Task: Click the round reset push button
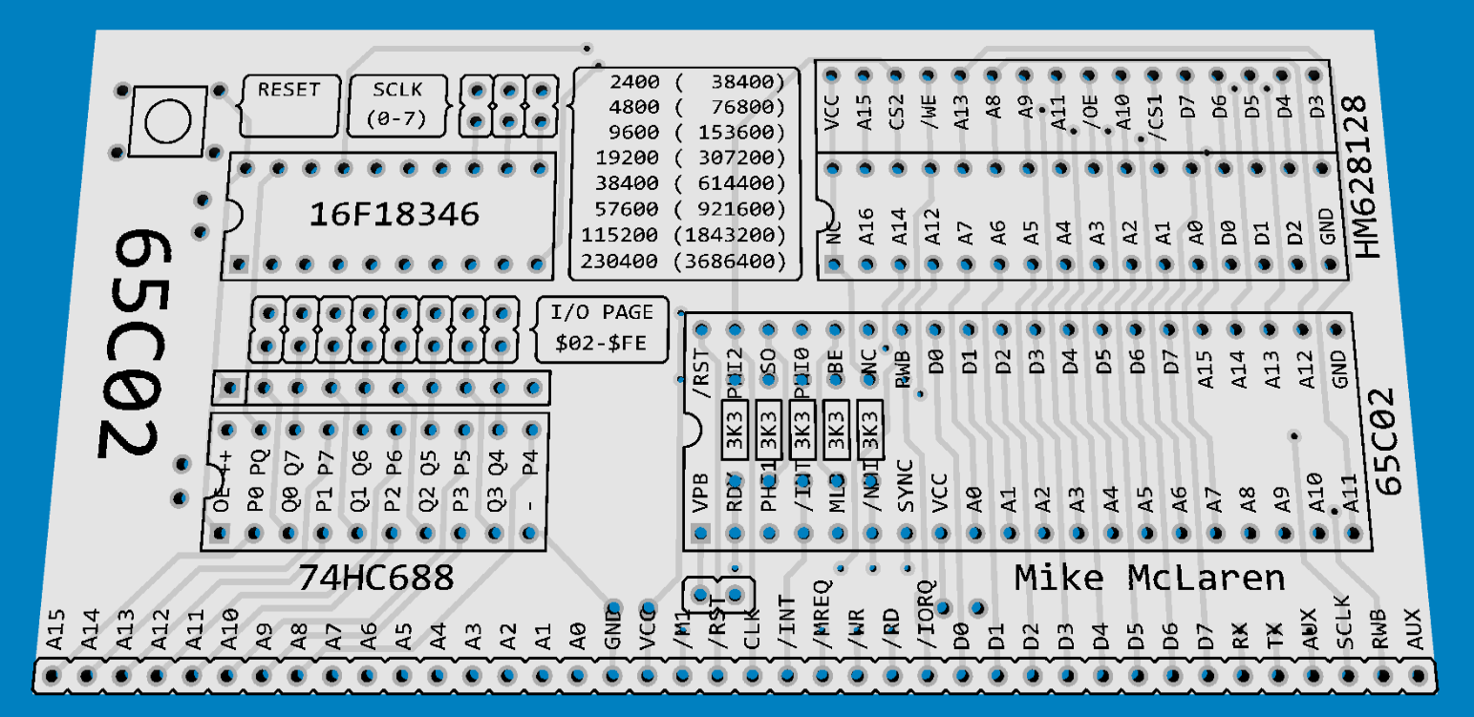168,120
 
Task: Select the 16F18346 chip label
394,215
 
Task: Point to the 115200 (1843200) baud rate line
683,235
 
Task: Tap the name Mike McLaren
1149,578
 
